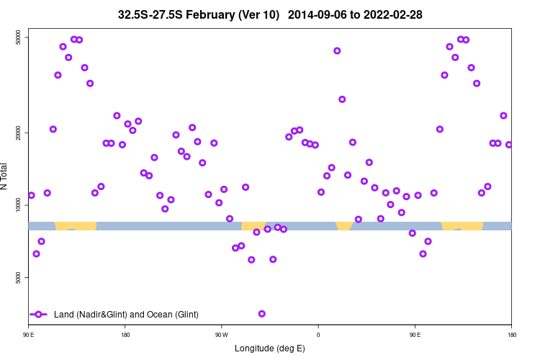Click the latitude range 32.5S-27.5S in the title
click(x=154, y=14)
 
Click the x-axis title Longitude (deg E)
click(x=270, y=348)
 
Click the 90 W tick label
click(x=221, y=334)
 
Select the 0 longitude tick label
click(x=318, y=334)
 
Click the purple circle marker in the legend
click(x=39, y=314)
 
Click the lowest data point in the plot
click(x=262, y=313)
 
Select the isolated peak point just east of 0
click(x=337, y=50)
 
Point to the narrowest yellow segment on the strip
click(x=344, y=226)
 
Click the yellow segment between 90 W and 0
click(x=253, y=226)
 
